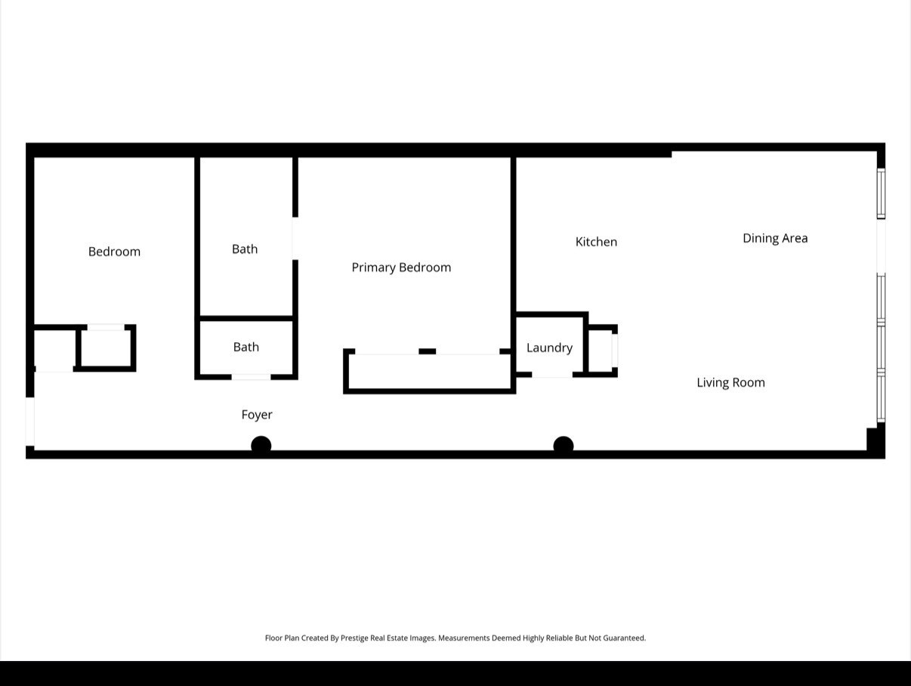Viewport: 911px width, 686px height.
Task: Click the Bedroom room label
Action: tap(114, 252)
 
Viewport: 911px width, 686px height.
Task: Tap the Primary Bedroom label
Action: tap(401, 267)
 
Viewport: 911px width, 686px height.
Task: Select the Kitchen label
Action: tap(596, 242)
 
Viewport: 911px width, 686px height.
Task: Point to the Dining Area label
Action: tap(775, 238)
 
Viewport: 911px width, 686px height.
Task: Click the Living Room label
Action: tap(730, 382)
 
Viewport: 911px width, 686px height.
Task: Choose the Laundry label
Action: tap(549, 348)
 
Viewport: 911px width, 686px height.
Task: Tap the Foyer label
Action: tap(257, 415)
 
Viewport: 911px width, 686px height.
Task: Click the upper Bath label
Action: tap(245, 249)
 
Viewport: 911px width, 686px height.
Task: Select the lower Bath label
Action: tap(246, 347)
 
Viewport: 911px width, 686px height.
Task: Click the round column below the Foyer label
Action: tap(261, 446)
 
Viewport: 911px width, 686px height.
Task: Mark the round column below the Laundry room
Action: tap(564, 446)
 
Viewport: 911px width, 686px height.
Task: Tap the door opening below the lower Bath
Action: tap(251, 376)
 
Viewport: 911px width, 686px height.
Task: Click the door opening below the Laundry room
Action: tap(551, 374)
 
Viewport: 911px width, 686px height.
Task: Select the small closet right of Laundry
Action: tap(601, 350)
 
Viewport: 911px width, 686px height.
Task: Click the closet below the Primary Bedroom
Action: tap(429, 372)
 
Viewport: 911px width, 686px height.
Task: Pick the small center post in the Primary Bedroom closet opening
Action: tap(428, 351)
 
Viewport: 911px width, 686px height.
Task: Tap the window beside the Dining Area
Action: tap(881, 193)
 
